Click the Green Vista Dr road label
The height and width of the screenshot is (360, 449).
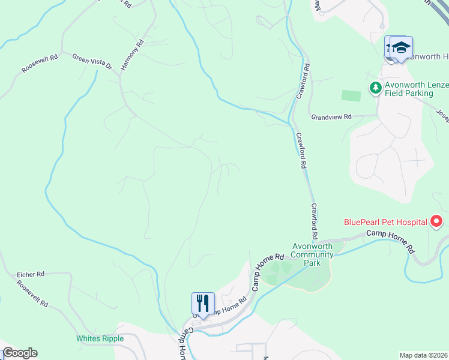pos(92,62)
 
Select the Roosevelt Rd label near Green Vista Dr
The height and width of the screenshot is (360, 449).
pos(40,64)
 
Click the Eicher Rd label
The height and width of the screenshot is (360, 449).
pos(31,274)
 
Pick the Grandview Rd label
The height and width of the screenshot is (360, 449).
pos(331,117)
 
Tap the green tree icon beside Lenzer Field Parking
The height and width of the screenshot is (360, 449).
pos(375,88)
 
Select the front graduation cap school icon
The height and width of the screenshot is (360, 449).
pos(401,47)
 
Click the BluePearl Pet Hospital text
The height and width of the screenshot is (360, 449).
pos(385,222)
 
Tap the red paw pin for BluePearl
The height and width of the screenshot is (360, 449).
pos(437,221)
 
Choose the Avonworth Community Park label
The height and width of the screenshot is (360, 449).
pos(312,254)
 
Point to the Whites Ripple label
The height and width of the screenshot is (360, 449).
pos(100,338)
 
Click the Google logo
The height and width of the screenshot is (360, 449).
pos(19,353)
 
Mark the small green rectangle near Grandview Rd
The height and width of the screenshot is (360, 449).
pos(351,95)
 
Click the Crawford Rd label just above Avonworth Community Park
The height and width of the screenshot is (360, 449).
pos(314,220)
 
